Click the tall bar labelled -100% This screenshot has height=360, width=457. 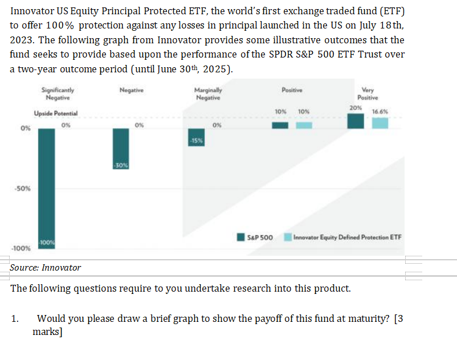(47, 188)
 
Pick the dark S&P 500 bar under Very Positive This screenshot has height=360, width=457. (356, 121)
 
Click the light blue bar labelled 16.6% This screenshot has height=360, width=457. (380, 122)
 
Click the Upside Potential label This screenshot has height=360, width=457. (56, 113)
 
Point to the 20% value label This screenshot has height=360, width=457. (356, 108)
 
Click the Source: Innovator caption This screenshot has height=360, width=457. (46, 267)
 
